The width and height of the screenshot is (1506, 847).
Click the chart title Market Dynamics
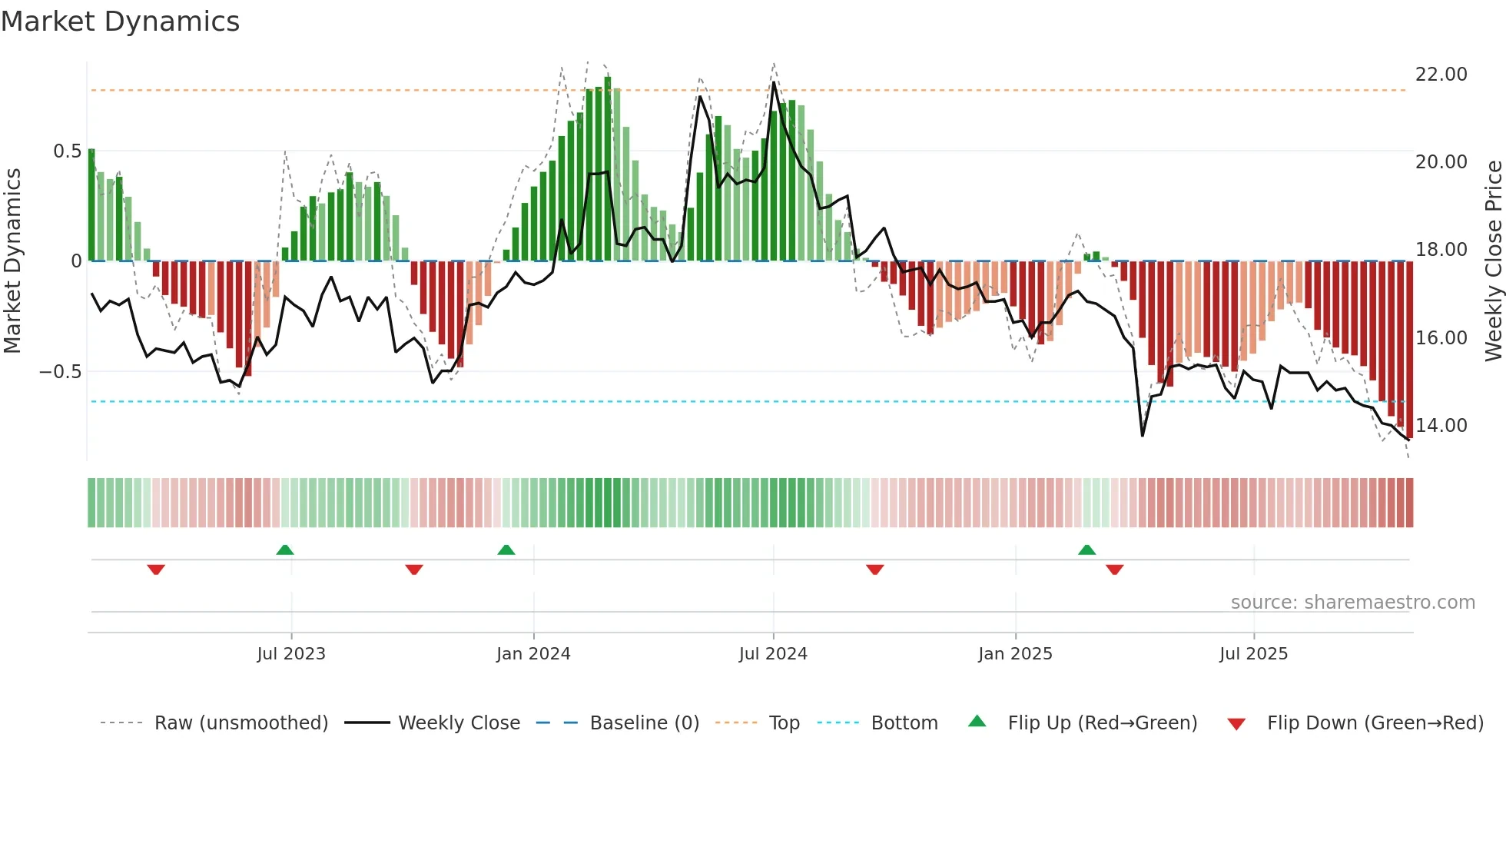[x=120, y=22]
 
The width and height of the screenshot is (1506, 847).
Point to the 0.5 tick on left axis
[x=67, y=151]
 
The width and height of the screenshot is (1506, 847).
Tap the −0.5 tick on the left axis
[x=61, y=372]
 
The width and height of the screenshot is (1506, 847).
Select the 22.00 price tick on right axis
[x=1441, y=75]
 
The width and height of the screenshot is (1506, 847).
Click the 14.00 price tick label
[x=1441, y=426]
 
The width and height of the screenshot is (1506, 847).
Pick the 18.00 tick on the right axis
[x=1441, y=250]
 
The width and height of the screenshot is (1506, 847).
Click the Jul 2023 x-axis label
[x=291, y=654]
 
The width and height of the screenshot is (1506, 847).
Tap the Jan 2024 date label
[x=533, y=654]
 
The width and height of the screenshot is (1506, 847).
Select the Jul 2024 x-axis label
[x=773, y=654]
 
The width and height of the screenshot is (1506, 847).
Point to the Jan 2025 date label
[x=1015, y=654]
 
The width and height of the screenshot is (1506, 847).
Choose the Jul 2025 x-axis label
[x=1253, y=654]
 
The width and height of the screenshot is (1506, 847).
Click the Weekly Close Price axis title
[x=1493, y=261]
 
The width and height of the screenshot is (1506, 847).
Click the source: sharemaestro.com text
[x=1352, y=603]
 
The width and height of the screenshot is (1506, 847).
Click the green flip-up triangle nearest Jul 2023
[x=285, y=550]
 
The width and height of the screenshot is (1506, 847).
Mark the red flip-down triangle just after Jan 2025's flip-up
[x=1115, y=570]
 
